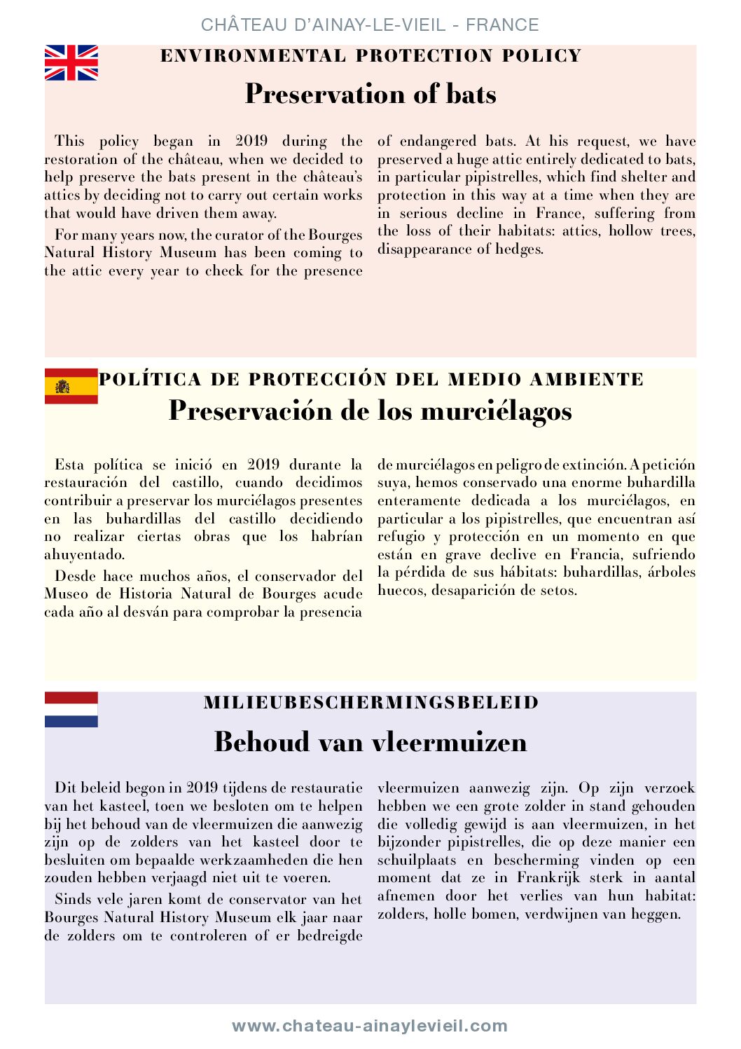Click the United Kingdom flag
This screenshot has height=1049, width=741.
(x=71, y=63)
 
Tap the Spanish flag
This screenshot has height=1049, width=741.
(x=71, y=386)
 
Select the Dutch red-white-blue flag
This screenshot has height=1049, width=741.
(x=71, y=709)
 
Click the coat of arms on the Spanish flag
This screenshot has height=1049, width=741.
(x=62, y=386)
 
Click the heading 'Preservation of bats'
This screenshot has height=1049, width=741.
(x=370, y=94)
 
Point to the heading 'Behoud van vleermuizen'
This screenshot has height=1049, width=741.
(x=370, y=741)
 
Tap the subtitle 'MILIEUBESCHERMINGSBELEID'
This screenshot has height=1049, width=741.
(x=370, y=703)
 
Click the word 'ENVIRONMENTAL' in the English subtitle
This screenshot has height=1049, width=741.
(x=253, y=56)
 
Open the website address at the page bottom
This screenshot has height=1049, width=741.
(x=370, y=1026)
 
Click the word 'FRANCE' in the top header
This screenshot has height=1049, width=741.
(x=502, y=25)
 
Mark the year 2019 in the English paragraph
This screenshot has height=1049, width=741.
(x=251, y=141)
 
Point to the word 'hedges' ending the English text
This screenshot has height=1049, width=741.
(x=520, y=249)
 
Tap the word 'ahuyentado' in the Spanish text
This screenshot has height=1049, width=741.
(x=84, y=554)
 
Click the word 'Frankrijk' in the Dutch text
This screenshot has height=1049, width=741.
(x=549, y=877)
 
